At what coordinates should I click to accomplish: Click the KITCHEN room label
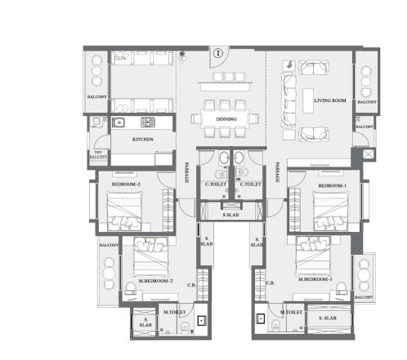(x=143, y=140)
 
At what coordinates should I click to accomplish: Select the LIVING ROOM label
(x=330, y=100)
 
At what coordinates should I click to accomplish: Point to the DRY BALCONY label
(x=98, y=154)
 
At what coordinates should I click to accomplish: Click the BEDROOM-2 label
(x=127, y=185)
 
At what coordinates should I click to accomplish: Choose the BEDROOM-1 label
(x=332, y=185)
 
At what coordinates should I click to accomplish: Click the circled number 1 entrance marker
(x=217, y=52)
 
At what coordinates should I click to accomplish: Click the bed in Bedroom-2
(x=127, y=214)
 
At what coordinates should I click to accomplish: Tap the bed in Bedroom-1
(x=333, y=214)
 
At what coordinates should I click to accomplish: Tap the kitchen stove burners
(x=148, y=122)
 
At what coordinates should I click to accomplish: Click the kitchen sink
(x=119, y=122)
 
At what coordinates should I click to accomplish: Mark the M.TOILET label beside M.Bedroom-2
(x=174, y=313)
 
